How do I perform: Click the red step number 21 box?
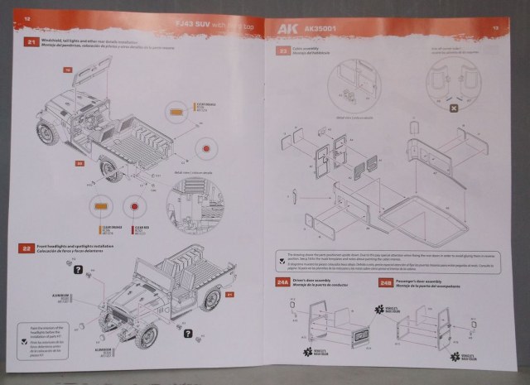(x=31, y=41)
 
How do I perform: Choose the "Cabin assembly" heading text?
(x=306, y=49)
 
